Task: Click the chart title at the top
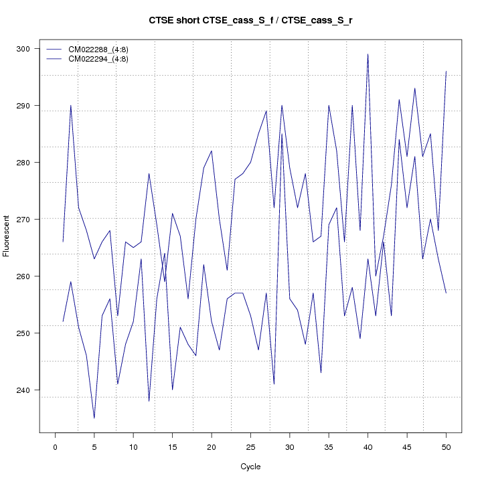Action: click(250, 21)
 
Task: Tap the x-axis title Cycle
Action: click(250, 467)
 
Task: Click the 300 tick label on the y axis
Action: click(29, 49)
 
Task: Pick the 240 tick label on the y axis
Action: click(29, 390)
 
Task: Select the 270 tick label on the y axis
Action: click(29, 219)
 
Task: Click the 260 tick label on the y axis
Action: click(29, 276)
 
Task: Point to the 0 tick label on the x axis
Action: click(55, 447)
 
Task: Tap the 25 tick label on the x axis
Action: click(250, 447)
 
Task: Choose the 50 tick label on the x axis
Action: click(446, 447)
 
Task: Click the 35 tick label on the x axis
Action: click(329, 447)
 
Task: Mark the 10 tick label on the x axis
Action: click(133, 447)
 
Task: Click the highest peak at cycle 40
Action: click(368, 54)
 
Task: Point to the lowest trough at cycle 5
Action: click(94, 418)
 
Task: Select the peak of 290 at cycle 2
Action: click(70, 105)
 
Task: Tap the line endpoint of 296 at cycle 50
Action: click(446, 71)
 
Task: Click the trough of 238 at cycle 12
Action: click(149, 401)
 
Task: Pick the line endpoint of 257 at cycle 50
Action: click(446, 293)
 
